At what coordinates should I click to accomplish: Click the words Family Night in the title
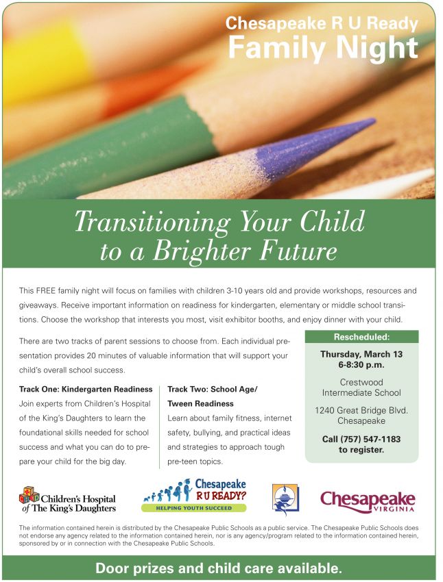323,48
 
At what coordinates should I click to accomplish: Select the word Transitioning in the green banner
152,223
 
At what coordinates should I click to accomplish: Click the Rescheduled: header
361,337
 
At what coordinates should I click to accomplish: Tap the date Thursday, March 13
361,354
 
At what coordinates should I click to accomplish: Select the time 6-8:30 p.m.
361,365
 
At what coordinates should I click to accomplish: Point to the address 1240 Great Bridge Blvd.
361,411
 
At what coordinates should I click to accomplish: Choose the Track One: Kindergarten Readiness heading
86,390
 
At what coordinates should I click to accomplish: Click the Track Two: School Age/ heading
212,390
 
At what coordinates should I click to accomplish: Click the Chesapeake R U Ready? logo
194,495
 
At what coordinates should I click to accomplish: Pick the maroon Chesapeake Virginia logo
368,501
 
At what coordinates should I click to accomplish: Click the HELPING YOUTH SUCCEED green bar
193,508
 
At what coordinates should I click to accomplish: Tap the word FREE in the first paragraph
46,290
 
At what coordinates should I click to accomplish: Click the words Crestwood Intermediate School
361,388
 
